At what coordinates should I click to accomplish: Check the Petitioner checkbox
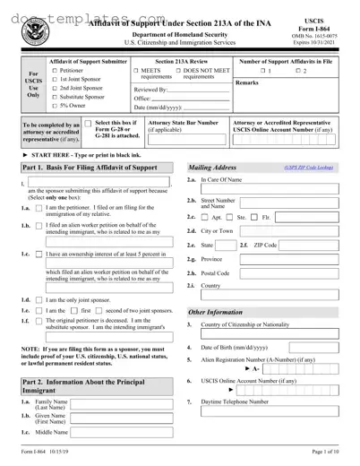click(56, 70)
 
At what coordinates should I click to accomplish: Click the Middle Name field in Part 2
click(116, 433)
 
